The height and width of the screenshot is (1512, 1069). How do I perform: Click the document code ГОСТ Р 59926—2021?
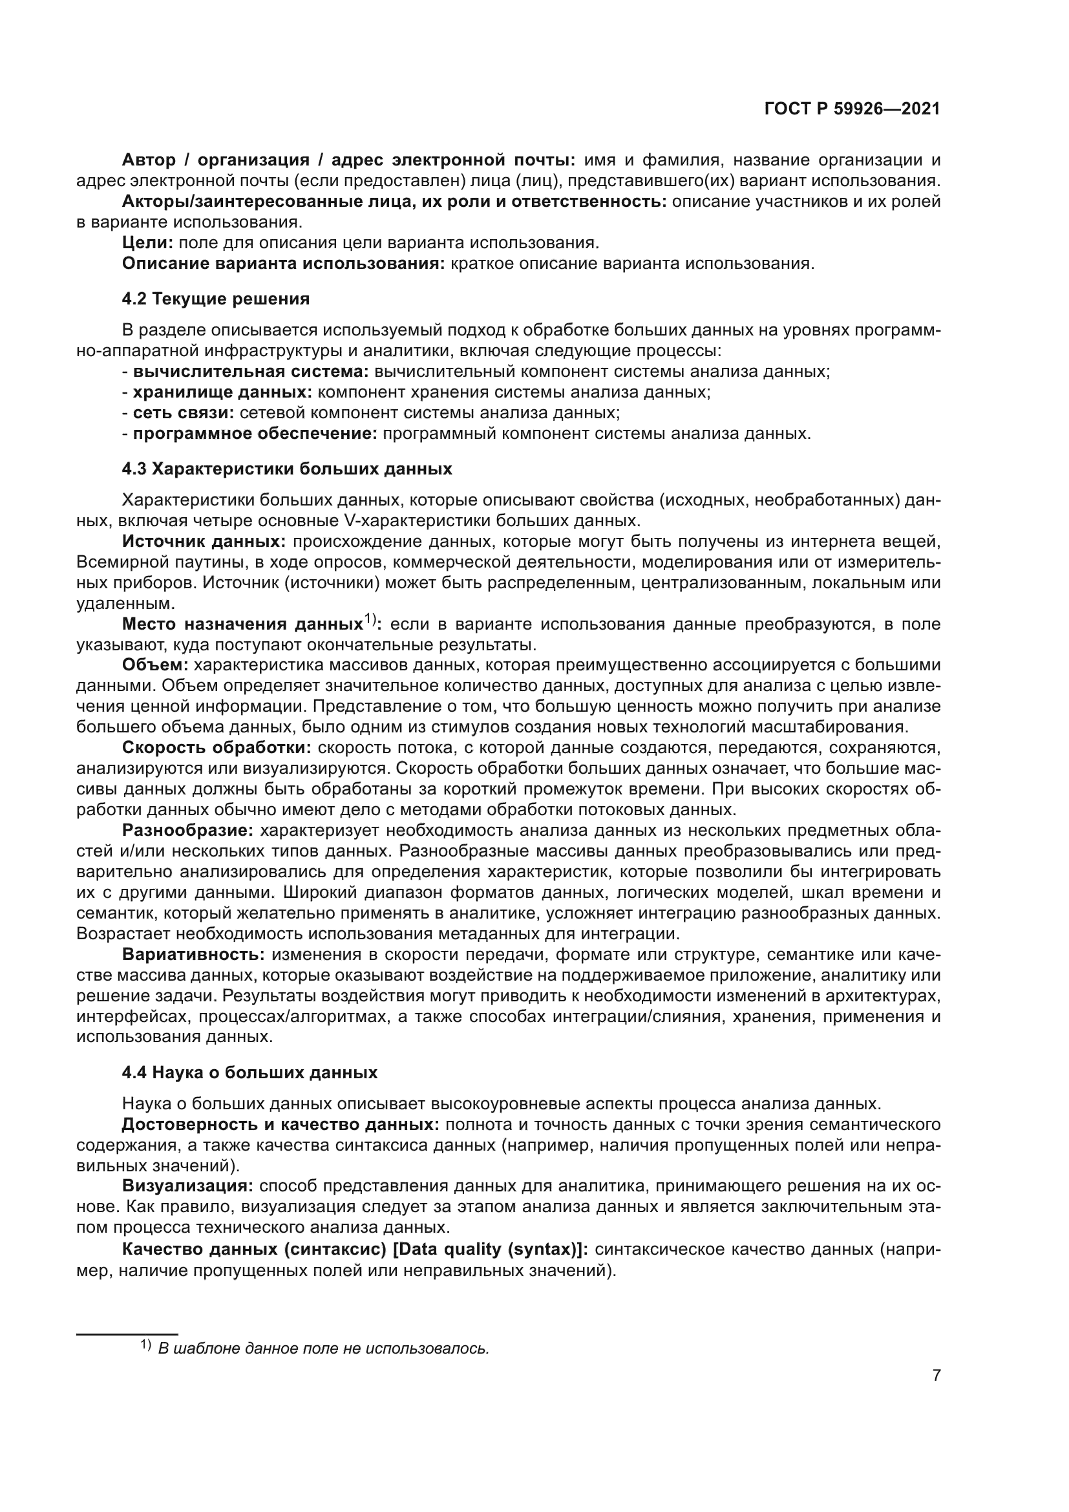pyautogui.click(x=852, y=109)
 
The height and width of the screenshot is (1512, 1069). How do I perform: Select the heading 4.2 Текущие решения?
pyautogui.click(x=216, y=300)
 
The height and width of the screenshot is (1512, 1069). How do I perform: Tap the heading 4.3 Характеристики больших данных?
pyautogui.click(x=287, y=469)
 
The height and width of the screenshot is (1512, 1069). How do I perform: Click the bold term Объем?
pyautogui.click(x=155, y=665)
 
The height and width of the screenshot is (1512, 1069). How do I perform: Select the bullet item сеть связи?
pyautogui.click(x=184, y=413)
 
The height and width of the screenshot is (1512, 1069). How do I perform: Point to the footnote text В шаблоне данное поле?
pyautogui.click(x=323, y=1348)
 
